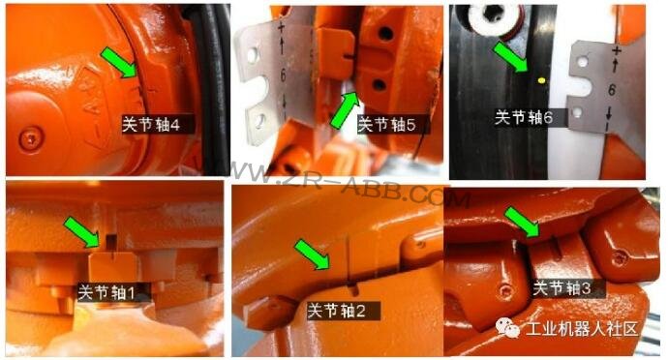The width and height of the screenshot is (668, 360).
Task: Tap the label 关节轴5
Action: tap(386, 125)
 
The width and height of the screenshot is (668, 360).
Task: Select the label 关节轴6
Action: tap(524, 117)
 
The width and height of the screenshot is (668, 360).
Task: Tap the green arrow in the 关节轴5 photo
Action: tap(346, 106)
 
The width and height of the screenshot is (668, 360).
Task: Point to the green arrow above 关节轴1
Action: tap(84, 231)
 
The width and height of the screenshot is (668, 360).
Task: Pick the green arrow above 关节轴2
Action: tap(313, 257)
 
